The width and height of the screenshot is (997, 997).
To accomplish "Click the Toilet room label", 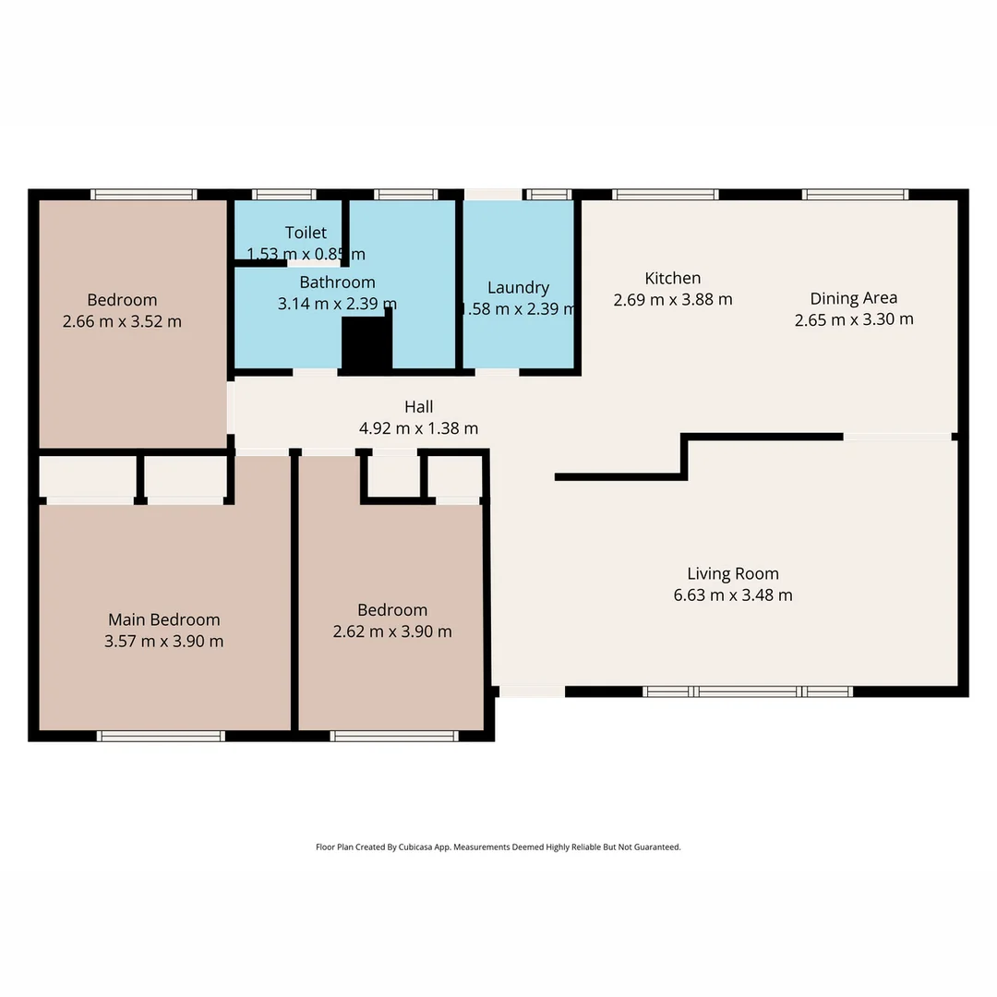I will [306, 233].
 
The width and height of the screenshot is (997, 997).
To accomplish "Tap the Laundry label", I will [518, 287].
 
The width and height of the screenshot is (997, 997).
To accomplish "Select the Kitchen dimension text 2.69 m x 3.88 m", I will [672, 299].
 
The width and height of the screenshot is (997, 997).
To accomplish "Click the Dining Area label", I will [853, 298].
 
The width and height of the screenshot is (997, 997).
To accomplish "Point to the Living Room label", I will [733, 573].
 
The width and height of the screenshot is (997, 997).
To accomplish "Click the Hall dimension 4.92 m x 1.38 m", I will [418, 428].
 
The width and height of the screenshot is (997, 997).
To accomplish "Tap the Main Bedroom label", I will [164, 619].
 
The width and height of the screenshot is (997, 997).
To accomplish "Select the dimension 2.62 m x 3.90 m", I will [392, 631].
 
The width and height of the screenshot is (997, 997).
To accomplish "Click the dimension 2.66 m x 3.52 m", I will [122, 321].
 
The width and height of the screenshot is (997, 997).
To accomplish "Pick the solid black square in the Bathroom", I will [366, 345].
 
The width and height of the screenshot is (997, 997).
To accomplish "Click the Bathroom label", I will [337, 282].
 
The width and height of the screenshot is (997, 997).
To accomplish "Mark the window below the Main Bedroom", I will [162, 736].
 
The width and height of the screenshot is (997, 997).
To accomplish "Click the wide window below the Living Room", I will [748, 691].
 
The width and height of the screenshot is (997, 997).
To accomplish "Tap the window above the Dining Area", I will [855, 194].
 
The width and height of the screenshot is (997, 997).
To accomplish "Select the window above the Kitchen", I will [666, 194].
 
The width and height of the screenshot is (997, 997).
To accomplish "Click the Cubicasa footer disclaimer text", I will [498, 847].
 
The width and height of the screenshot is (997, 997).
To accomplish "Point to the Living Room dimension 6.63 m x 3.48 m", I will [733, 595].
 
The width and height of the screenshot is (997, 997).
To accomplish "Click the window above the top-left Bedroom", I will [144, 194].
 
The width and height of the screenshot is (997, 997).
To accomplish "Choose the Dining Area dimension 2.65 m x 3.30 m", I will [854, 319].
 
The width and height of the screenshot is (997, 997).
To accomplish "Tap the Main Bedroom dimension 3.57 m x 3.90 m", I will [164, 641].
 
